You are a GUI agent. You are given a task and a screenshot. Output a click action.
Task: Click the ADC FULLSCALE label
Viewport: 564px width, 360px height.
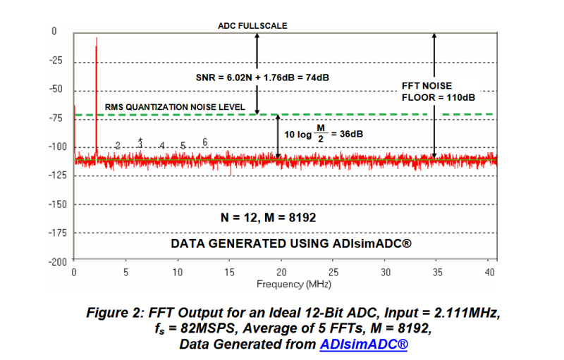[x=252, y=26]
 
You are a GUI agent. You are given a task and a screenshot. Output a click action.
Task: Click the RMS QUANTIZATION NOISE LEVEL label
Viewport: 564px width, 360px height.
[x=175, y=107]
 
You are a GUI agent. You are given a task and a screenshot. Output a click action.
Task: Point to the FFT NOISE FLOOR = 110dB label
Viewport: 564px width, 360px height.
[x=436, y=91]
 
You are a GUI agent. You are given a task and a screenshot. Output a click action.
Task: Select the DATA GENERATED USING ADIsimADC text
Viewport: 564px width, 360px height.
[x=291, y=244]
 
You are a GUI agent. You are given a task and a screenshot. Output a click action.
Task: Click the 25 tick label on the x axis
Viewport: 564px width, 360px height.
[x=333, y=272]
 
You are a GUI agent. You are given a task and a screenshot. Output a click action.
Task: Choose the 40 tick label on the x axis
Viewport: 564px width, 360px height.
[x=490, y=272]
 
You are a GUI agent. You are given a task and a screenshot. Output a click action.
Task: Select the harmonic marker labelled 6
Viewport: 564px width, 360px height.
[x=204, y=142]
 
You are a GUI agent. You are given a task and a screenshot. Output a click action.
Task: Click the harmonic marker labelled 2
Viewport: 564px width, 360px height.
[x=118, y=145]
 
